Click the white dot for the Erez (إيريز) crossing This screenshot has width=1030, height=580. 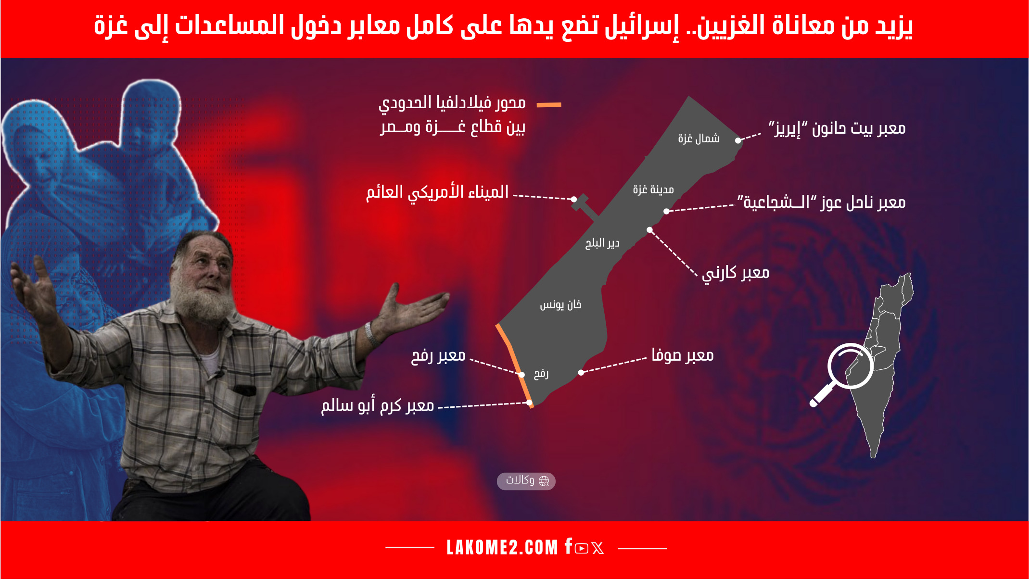click(738, 140)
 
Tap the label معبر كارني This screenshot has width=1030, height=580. click(736, 273)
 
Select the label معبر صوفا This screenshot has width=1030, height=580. click(683, 355)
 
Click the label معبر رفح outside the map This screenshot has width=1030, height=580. click(438, 356)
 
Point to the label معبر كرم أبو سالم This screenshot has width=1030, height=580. click(378, 405)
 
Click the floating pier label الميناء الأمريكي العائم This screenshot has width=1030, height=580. click(437, 192)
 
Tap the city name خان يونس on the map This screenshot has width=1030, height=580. click(560, 305)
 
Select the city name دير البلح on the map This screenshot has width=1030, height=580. click(602, 243)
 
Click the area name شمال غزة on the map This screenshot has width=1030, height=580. click(699, 139)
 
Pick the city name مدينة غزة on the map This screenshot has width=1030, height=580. click(653, 189)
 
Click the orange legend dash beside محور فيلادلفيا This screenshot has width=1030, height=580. click(549, 104)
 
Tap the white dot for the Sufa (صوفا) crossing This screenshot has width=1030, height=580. click(581, 373)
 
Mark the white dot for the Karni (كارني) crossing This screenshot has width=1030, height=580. click(649, 230)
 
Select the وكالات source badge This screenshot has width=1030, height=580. click(526, 481)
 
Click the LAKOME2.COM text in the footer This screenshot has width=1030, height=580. click(502, 548)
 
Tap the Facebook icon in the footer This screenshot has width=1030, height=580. click(569, 546)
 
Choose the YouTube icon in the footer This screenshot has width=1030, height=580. click(582, 549)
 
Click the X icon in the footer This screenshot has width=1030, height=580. click(598, 548)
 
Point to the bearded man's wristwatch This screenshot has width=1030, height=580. click(371, 335)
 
